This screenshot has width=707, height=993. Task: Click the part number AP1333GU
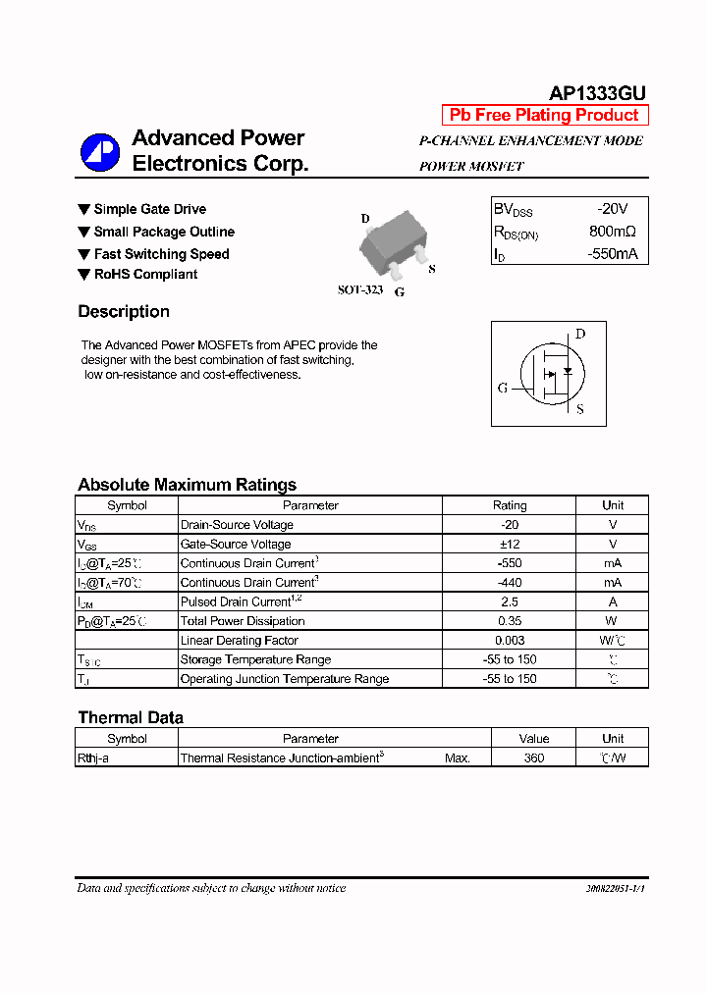[596, 93]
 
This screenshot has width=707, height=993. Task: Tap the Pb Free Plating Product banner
[544, 115]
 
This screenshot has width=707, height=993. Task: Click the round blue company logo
[100, 152]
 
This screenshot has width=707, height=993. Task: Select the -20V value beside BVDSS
[612, 209]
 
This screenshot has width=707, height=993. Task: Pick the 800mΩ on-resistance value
[612, 232]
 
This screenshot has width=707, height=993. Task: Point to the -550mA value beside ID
[612, 254]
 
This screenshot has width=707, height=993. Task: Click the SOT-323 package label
[360, 290]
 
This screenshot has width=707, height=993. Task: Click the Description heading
[124, 312]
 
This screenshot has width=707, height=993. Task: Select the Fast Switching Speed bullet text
[161, 254]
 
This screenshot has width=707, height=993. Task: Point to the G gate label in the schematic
[503, 388]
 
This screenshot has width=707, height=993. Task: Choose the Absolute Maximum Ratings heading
[187, 485]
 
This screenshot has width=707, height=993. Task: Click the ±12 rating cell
[509, 544]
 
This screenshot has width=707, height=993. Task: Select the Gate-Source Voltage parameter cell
[236, 544]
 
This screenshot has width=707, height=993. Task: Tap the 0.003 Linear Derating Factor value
[509, 640]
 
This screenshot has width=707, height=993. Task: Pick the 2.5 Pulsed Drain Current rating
[509, 601]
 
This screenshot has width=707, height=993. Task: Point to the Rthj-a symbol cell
[93, 758]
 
